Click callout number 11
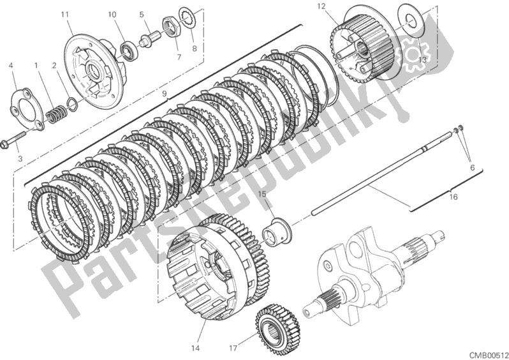[x=65, y=15]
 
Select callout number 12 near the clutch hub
[x=321, y=6]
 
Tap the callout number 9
[x=165, y=94]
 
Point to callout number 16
[x=454, y=197]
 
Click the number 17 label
[x=233, y=349]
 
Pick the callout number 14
[x=195, y=349]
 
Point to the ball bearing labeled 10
[x=129, y=49]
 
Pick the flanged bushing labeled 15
[x=276, y=232]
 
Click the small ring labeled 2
[x=72, y=103]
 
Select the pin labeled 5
[x=149, y=38]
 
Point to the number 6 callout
[x=472, y=168]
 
